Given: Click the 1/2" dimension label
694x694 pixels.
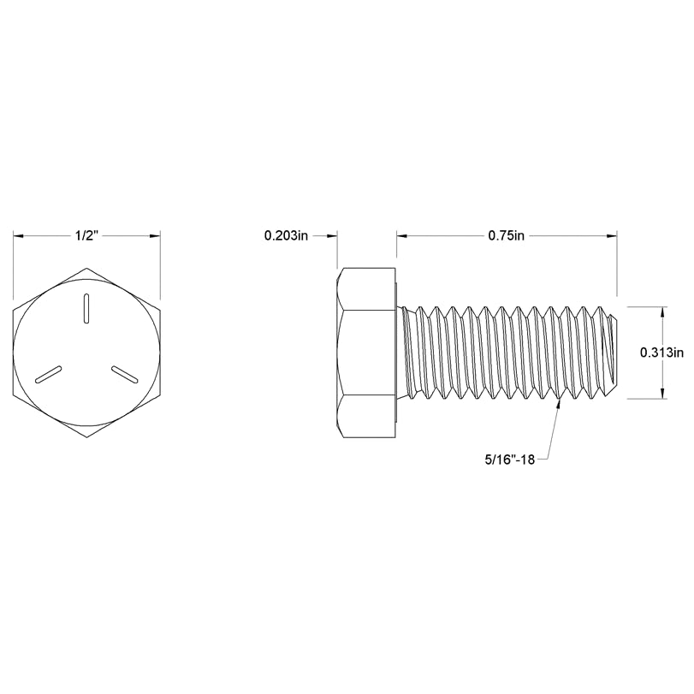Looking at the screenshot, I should (87, 236).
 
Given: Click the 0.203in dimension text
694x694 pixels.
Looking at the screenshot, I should (287, 236).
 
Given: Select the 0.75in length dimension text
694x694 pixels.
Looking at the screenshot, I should (506, 236).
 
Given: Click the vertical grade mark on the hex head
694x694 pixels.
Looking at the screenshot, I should (87, 309).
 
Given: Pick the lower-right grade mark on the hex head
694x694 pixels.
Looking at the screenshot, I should (125, 373).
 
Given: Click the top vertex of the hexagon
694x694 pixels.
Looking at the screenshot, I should (87, 269).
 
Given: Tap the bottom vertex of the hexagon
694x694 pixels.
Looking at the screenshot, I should (87, 438).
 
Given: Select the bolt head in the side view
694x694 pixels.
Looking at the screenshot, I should (366, 353).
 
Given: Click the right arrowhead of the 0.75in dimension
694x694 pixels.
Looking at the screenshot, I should (610, 236).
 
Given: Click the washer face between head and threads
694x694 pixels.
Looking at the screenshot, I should (400, 353).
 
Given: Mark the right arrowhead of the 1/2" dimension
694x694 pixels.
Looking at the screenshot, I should (156, 236).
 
